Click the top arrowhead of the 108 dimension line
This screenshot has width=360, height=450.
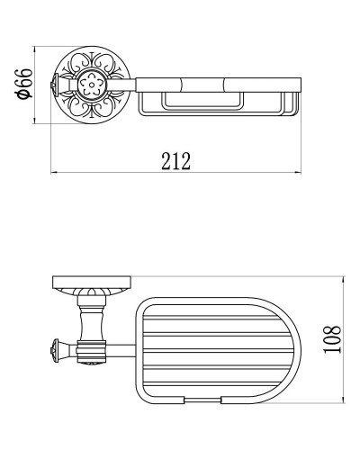(345, 279)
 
